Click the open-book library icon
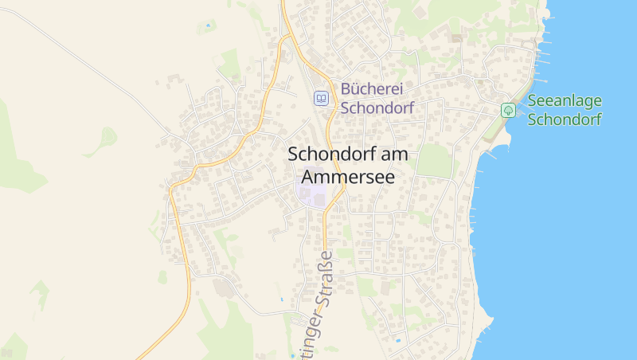click(x=321, y=99)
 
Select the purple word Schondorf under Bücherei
click(x=377, y=108)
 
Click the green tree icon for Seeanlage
click(x=508, y=110)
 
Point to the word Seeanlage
click(x=565, y=101)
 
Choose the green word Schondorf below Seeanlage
click(x=565, y=119)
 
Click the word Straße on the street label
click(x=324, y=280)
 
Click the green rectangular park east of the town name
click(x=435, y=161)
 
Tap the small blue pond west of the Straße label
click(x=281, y=299)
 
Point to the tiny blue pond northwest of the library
click(x=209, y=25)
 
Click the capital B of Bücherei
click(x=346, y=91)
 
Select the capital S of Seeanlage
click(x=532, y=101)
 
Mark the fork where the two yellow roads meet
click(x=285, y=37)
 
